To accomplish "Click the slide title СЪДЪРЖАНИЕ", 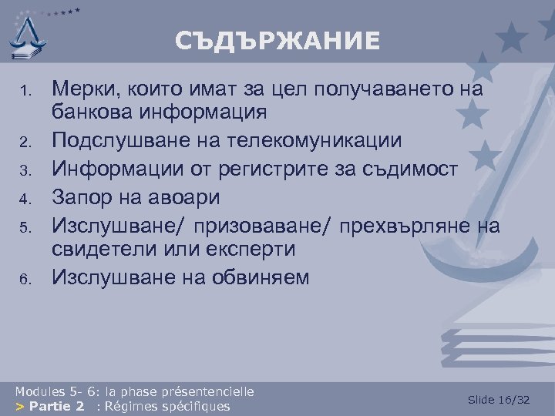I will point(277,41).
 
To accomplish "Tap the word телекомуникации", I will point(335,142).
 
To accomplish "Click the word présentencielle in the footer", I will point(207,391).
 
